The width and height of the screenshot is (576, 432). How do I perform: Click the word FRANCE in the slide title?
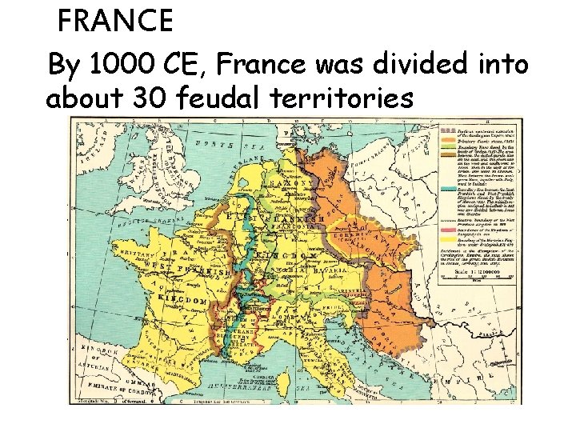115,21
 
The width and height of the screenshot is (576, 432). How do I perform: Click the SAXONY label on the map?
294,183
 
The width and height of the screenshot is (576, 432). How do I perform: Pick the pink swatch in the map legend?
452,238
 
